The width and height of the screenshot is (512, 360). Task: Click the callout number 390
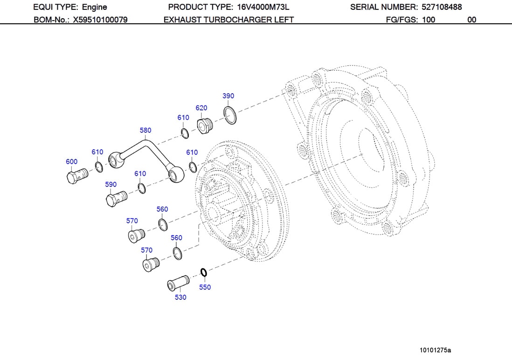(x=228, y=96)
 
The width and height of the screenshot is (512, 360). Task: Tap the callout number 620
(x=201, y=108)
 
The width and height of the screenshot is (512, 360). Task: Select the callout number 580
(x=145, y=130)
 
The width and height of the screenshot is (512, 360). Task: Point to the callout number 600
(x=71, y=162)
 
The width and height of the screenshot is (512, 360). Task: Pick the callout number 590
(x=111, y=185)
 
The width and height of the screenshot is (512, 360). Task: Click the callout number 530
(x=180, y=298)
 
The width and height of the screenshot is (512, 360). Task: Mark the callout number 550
(x=205, y=287)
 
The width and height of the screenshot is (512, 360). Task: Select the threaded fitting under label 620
(x=204, y=126)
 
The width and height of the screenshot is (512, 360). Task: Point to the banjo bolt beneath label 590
(x=116, y=199)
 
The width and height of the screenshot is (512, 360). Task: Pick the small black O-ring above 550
(x=203, y=271)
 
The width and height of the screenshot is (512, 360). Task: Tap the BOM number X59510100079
(x=100, y=20)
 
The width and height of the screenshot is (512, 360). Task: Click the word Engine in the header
(x=94, y=7)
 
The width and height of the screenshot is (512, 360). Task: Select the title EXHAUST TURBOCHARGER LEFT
(x=228, y=20)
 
